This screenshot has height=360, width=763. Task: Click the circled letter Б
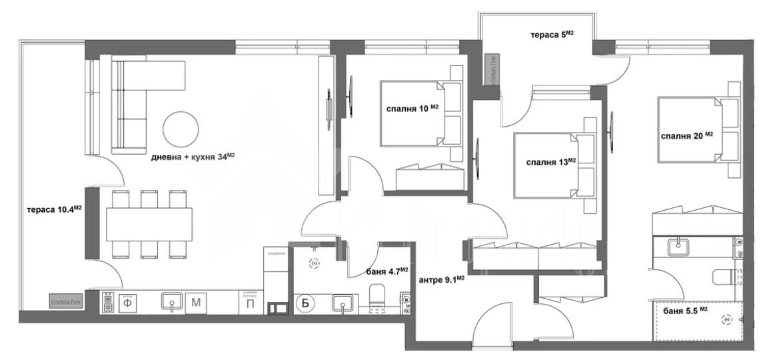tap(305, 302)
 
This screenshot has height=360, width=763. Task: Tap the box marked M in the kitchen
tap(196, 303)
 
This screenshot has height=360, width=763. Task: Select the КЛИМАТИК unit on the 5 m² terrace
tap(493, 70)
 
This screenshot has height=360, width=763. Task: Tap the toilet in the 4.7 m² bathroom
tap(377, 297)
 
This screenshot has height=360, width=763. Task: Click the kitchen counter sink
tap(172, 303)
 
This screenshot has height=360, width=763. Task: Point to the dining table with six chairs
tap(149, 223)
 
